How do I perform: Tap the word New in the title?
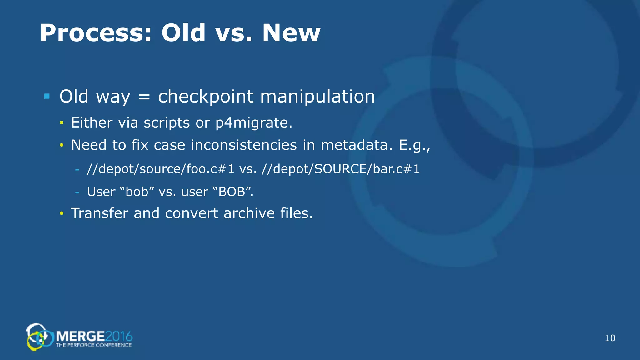point(291,33)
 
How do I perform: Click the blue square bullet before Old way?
point(47,96)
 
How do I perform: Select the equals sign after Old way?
point(144,97)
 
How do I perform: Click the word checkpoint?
point(206,97)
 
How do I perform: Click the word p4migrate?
point(254,123)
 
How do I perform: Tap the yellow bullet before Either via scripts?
point(62,123)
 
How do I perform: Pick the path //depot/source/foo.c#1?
point(160,169)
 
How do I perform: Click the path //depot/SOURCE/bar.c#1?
point(341,169)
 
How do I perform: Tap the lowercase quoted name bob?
point(137,192)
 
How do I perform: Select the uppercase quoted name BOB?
point(232,192)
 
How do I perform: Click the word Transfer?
point(100,213)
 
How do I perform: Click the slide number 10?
point(610,338)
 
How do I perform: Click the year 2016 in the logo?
point(119,337)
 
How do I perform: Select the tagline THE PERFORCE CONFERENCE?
point(93,345)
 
